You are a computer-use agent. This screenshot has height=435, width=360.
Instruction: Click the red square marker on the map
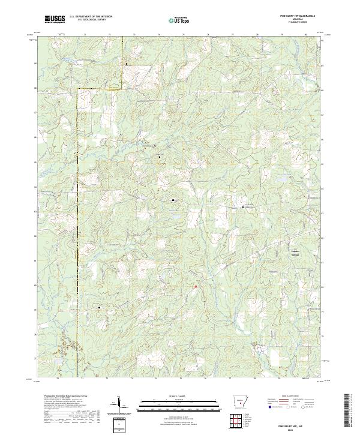pyautogui.click(x=196, y=287)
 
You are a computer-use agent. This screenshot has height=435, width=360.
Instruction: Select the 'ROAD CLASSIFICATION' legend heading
pyautogui.click(x=294, y=397)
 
